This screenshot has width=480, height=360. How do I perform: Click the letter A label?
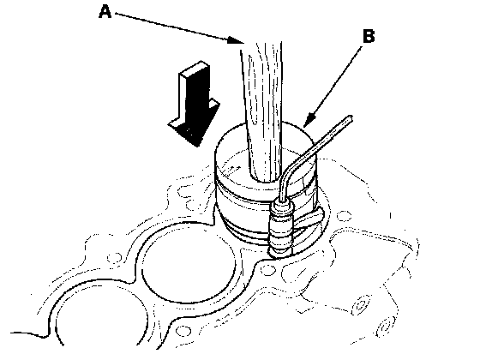pos(105,12)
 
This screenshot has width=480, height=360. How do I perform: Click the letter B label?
pos(369,35)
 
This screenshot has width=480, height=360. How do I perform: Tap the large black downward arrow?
pos(195,104)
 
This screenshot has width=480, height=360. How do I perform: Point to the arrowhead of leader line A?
pos(235,40)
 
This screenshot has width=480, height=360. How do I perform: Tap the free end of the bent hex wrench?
pos(350,118)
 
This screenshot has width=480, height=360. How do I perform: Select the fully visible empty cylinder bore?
pos(189,262)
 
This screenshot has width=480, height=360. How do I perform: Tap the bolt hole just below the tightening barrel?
pos(268,270)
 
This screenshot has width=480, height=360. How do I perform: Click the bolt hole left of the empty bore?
pos(114,258)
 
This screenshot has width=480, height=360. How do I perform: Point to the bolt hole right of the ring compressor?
pos(345,215)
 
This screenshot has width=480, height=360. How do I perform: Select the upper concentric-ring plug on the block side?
pos(361,304)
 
